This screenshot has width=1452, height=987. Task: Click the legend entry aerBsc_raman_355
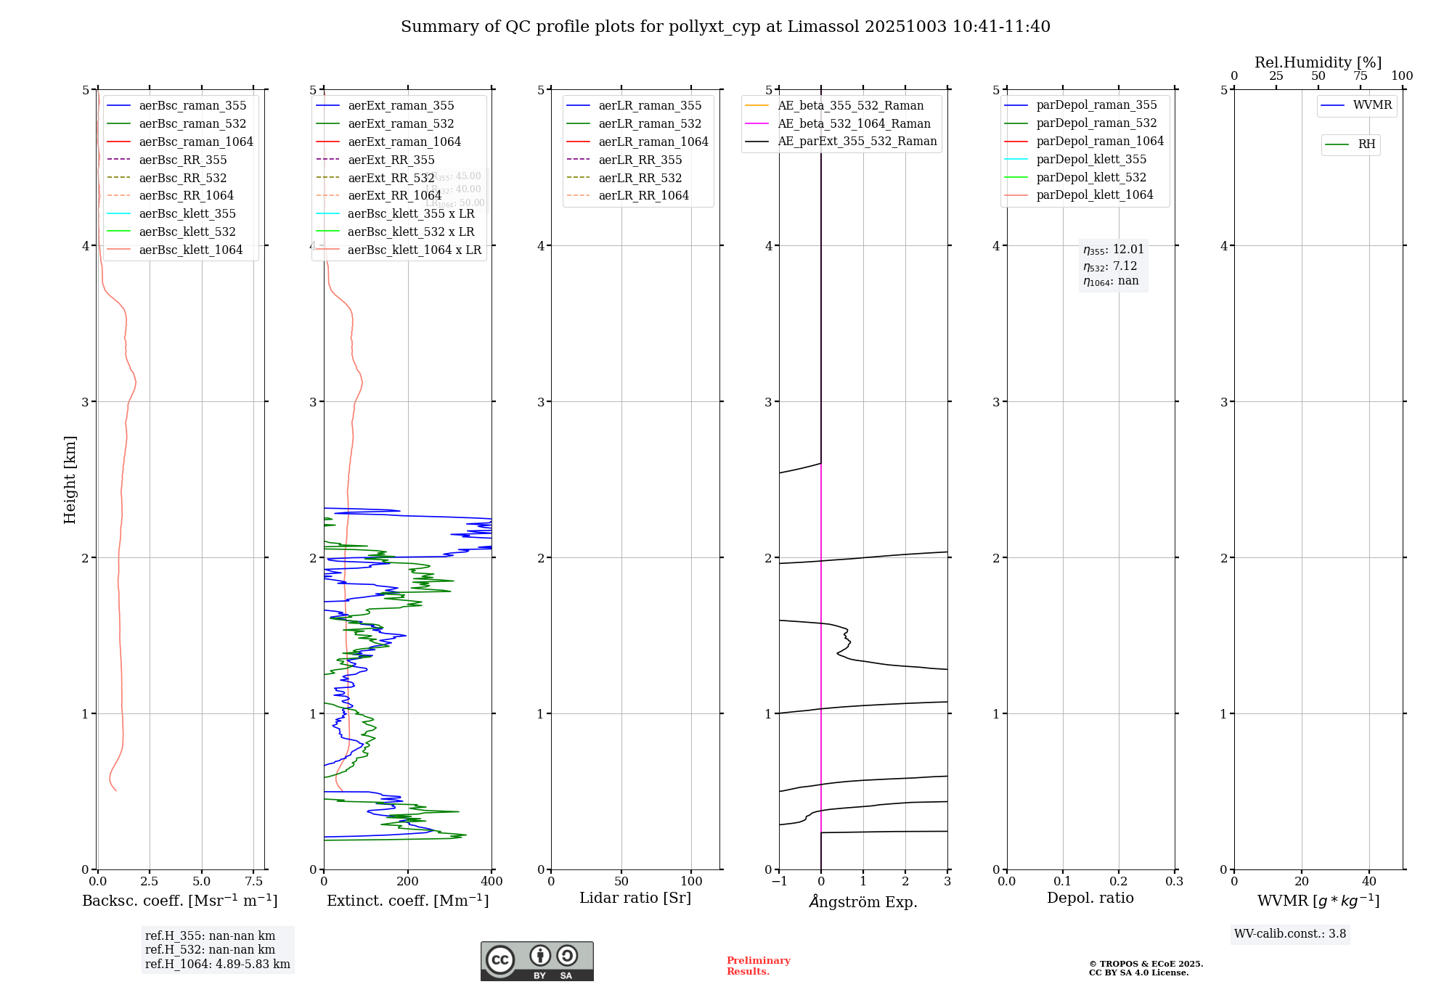pos(192,106)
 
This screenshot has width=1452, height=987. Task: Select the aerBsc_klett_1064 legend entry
pos(190,250)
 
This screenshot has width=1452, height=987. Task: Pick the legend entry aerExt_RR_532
pos(391,178)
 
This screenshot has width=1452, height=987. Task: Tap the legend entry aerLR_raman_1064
pos(653,142)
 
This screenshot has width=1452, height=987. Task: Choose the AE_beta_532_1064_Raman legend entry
pos(854,124)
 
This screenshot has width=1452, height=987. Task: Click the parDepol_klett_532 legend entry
pos(1090,178)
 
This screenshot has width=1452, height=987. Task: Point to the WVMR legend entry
pos(1372,105)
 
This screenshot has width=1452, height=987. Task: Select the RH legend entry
pos(1366,144)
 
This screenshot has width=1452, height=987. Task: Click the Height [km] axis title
pos(70,479)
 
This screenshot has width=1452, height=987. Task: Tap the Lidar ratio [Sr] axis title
pos(635,898)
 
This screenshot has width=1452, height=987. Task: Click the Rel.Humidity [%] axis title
pos(1318,62)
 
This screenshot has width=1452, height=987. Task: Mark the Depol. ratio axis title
pos(1090,898)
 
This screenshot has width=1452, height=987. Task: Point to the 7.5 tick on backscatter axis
pos(253,882)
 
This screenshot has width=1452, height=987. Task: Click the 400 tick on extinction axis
pos(492,882)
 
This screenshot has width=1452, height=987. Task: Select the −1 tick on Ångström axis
pos(779,882)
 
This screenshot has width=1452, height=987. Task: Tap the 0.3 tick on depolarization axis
pos(1174,882)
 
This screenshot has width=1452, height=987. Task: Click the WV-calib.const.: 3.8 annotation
pos(1289,934)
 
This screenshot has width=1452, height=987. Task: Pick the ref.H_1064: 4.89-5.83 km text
pos(217,965)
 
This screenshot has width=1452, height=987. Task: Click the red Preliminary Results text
pos(758,966)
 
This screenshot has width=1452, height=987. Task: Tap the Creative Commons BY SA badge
pos(537,961)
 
